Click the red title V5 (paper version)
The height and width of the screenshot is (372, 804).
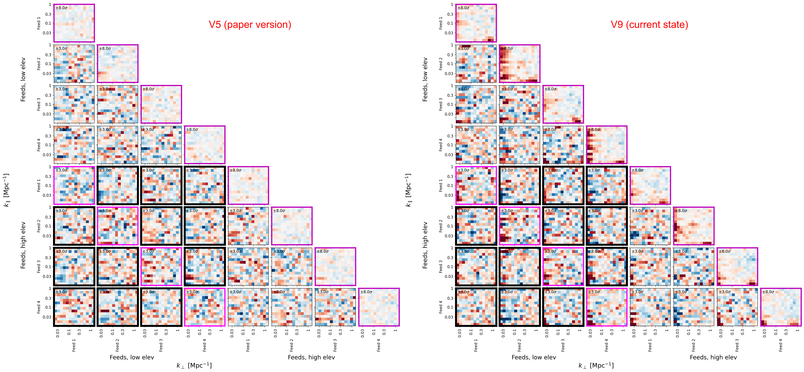250,25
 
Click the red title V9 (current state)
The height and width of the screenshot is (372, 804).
649,25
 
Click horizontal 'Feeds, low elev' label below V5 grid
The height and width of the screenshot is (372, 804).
132,357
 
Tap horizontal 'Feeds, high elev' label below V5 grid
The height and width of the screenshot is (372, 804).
311,357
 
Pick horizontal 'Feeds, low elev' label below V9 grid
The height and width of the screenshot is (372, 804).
534,357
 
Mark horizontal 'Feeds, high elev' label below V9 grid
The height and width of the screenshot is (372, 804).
713,357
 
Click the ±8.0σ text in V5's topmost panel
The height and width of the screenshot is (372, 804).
62,8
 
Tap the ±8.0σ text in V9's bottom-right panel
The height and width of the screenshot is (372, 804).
768,292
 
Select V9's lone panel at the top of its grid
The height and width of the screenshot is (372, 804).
476,23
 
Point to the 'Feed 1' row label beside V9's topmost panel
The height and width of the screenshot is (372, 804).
441,23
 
